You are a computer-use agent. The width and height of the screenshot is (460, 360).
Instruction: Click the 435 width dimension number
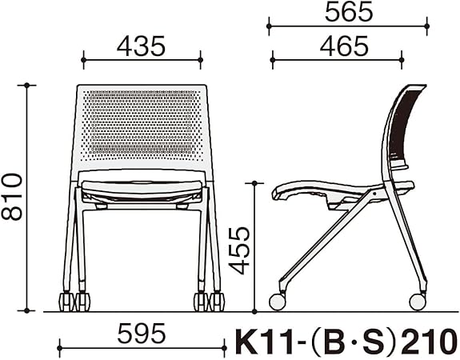tap(141, 46)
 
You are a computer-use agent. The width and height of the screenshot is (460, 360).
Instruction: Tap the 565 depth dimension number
tap(349, 13)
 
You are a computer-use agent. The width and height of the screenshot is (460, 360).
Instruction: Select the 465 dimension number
tap(344, 46)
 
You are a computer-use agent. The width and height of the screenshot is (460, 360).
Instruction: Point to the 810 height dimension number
tap(12, 197)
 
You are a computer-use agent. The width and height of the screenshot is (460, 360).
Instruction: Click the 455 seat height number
tap(239, 250)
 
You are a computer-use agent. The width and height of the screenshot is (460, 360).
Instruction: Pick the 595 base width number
tap(142, 334)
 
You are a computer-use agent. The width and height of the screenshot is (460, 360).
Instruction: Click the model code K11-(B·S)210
tap(346, 342)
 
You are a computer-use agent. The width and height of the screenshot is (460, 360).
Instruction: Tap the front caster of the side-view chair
tap(278, 302)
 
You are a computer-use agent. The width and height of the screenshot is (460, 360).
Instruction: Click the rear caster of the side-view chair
tap(418, 302)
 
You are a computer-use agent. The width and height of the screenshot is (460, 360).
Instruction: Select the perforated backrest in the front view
tap(142, 126)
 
